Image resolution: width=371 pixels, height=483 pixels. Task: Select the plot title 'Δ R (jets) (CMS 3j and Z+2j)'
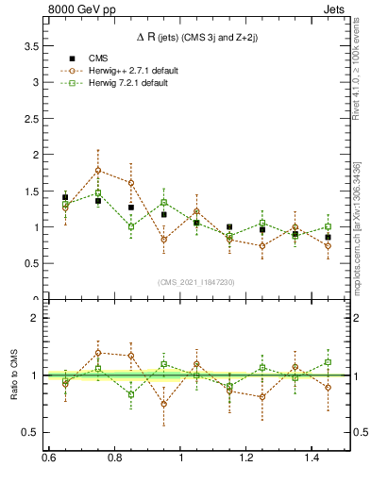point(198,36)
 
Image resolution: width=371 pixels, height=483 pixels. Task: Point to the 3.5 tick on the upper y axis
point(40,45)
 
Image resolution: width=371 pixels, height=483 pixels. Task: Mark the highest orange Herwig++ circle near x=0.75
point(98,171)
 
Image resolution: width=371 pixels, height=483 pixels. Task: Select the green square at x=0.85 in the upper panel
point(131,226)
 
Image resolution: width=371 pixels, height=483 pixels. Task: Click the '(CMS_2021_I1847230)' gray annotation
point(197,282)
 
